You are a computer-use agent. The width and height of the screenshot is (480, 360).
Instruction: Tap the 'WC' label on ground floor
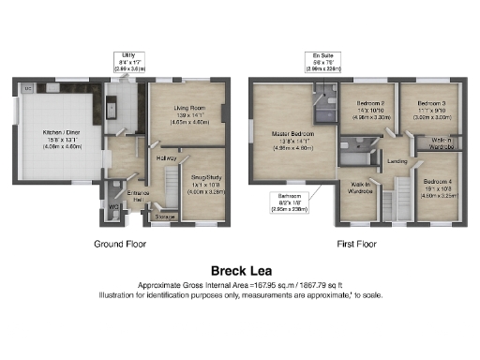tap(112, 205)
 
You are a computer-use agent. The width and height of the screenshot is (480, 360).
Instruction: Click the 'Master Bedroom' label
tap(293, 138)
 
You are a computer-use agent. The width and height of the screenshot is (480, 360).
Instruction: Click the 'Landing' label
tap(397, 160)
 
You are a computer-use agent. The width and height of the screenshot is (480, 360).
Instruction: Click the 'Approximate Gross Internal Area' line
tap(239, 284)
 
